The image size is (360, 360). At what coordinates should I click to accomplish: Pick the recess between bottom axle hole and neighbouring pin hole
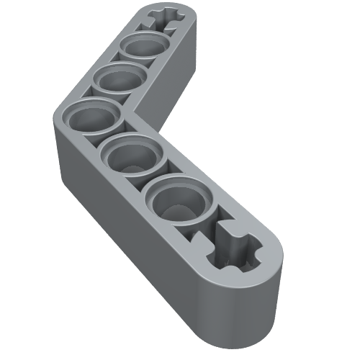(209, 223)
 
